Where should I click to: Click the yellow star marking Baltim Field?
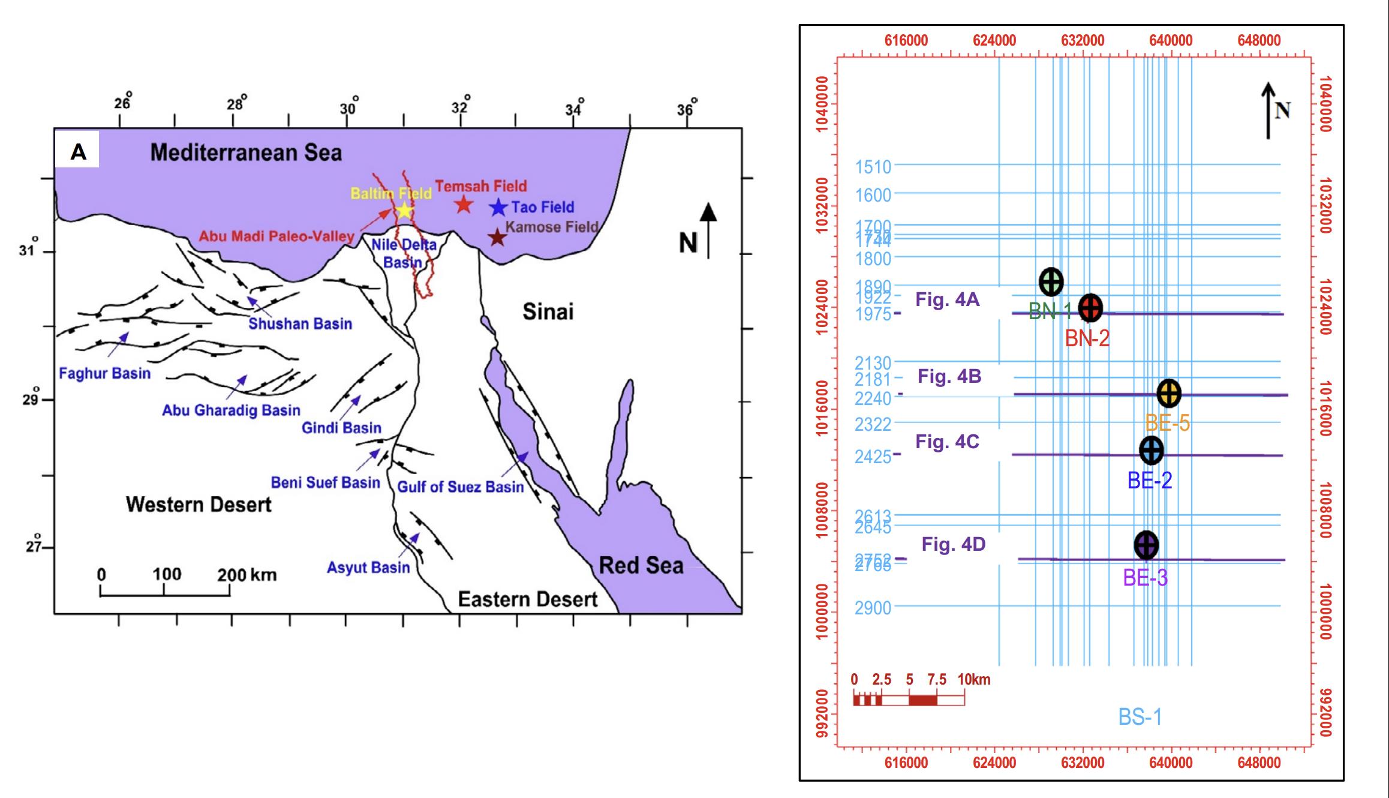tap(404, 210)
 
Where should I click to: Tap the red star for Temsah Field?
tap(464, 205)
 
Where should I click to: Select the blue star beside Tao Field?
tap(498, 207)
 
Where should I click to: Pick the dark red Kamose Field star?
tap(497, 238)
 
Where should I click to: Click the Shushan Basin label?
tap(300, 324)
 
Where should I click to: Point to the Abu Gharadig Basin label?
tap(231, 410)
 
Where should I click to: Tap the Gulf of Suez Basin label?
tap(461, 487)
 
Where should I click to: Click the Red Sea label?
tap(641, 565)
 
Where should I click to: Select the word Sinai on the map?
tap(548, 311)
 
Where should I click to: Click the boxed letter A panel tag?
tap(78, 152)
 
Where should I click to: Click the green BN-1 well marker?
tap(1051, 281)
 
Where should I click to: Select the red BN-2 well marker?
tap(1090, 308)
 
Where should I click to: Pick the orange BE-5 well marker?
tap(1168, 393)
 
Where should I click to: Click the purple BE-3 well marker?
tap(1146, 545)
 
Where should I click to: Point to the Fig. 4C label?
tap(947, 442)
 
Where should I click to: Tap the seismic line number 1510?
tap(873, 167)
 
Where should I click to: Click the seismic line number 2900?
tap(873, 608)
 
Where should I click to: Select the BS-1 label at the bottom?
tap(1140, 717)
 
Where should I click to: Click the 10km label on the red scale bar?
tap(974, 680)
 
